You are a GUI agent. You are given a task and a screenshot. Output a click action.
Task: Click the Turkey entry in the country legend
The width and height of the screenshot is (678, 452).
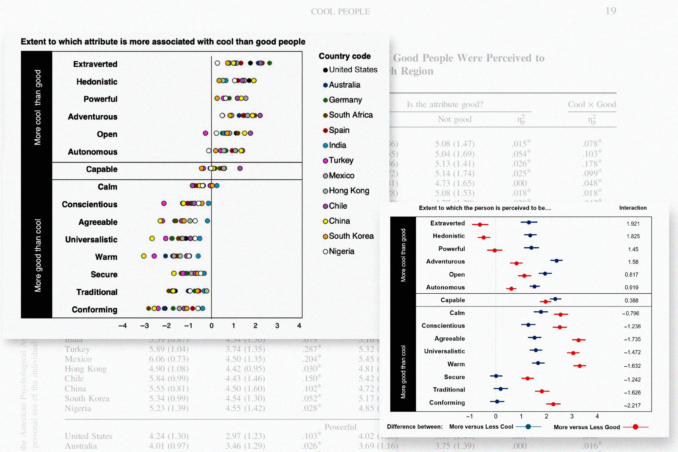tap(340, 160)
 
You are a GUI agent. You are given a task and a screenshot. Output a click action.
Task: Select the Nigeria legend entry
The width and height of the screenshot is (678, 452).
tap(341, 251)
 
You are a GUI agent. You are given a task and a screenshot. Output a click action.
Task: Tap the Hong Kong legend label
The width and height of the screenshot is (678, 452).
tap(349, 191)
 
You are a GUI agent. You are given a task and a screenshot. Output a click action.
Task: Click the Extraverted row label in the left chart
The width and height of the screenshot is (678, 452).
tap(95, 64)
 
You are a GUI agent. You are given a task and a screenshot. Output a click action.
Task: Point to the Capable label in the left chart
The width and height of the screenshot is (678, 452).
tap(102, 169)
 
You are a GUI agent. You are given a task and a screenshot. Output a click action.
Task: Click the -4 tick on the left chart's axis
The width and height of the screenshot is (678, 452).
tap(123, 326)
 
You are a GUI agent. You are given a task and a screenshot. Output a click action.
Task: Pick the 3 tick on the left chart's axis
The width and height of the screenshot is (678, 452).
tap(277, 326)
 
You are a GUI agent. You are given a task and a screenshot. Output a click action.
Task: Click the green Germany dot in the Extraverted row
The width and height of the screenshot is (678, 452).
tap(269, 63)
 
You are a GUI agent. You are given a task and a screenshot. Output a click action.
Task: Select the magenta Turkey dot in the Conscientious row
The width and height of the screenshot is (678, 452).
tap(164, 203)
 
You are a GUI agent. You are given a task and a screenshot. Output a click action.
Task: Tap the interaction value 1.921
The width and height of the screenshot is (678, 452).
tap(633, 224)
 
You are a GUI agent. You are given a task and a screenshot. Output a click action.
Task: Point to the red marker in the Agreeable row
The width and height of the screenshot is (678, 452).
tap(578, 340)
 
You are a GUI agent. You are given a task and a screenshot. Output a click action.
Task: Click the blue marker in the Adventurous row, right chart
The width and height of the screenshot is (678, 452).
tap(556, 261)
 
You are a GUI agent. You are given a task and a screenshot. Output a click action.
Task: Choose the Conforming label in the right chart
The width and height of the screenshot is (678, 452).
tap(447, 402)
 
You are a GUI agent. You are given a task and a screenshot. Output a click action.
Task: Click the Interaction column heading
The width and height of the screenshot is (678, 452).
tap(633, 208)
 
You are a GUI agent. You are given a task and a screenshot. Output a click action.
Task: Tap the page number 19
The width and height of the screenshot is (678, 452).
tap(611, 11)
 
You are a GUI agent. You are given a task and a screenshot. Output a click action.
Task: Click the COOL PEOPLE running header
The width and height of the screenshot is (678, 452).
tap(340, 11)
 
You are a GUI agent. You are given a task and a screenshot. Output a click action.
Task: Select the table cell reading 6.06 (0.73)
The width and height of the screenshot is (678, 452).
tap(169, 359)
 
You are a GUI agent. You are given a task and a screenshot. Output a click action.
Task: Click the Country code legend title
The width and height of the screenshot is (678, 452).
tap(344, 56)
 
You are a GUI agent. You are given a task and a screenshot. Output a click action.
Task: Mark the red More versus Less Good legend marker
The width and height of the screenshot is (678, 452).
tap(635, 427)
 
